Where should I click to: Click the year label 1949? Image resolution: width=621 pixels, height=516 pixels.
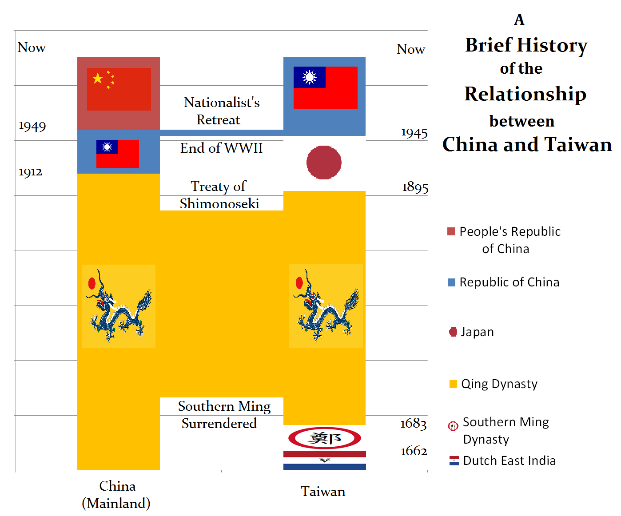[x=32, y=127]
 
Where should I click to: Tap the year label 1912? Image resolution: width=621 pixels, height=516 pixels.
[x=31, y=172]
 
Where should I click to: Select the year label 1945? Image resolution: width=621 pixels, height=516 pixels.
[x=414, y=133]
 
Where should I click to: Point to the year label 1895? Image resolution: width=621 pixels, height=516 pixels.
[x=415, y=187]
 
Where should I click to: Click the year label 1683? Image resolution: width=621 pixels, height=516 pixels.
[x=413, y=424]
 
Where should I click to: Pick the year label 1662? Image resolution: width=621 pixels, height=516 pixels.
[x=414, y=451]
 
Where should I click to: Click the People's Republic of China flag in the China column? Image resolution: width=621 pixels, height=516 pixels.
[x=119, y=89]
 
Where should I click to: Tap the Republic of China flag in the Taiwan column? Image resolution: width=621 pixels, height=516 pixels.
[x=325, y=87]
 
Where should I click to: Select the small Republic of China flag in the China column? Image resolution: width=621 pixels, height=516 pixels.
[x=118, y=154]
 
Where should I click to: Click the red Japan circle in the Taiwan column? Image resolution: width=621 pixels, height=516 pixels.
[x=324, y=163]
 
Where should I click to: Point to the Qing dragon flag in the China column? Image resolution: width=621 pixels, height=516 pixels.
[x=119, y=306]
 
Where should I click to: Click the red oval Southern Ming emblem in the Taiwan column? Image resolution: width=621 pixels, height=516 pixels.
[x=324, y=438]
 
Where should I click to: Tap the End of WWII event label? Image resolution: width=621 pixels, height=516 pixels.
[x=221, y=148]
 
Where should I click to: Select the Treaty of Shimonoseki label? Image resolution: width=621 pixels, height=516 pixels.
[x=219, y=195]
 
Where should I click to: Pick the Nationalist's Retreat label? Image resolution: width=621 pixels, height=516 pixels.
[x=221, y=111]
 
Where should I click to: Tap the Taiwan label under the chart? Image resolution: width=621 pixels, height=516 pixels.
[x=323, y=492]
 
